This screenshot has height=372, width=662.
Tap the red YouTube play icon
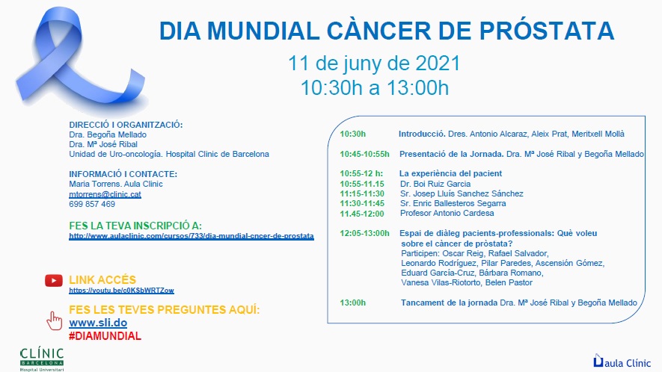tap(54, 280)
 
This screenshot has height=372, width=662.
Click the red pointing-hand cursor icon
tap(54, 320)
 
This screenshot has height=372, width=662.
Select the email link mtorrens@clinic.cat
tap(105, 194)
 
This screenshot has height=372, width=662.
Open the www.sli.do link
tap(98, 323)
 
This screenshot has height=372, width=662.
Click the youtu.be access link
tap(122, 291)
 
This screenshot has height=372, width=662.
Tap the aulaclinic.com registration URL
tap(191, 236)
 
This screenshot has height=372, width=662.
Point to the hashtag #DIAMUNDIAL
tap(105, 336)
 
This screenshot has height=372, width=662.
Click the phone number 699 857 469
tap(92, 204)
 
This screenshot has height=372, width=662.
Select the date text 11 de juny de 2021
tap(374, 63)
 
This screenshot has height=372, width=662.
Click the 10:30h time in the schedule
tap(353, 134)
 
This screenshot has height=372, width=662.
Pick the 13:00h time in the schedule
tap(353, 303)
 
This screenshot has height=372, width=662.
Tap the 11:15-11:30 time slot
tap(362, 193)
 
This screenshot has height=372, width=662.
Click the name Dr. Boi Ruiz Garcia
tap(435, 184)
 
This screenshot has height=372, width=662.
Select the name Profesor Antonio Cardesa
tap(447, 213)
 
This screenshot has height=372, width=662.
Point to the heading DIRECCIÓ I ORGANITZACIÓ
tap(126, 125)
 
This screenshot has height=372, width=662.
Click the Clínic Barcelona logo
tap(42, 359)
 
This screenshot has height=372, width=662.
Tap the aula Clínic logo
tap(622, 362)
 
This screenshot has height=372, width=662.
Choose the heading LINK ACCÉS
tap(102, 279)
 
